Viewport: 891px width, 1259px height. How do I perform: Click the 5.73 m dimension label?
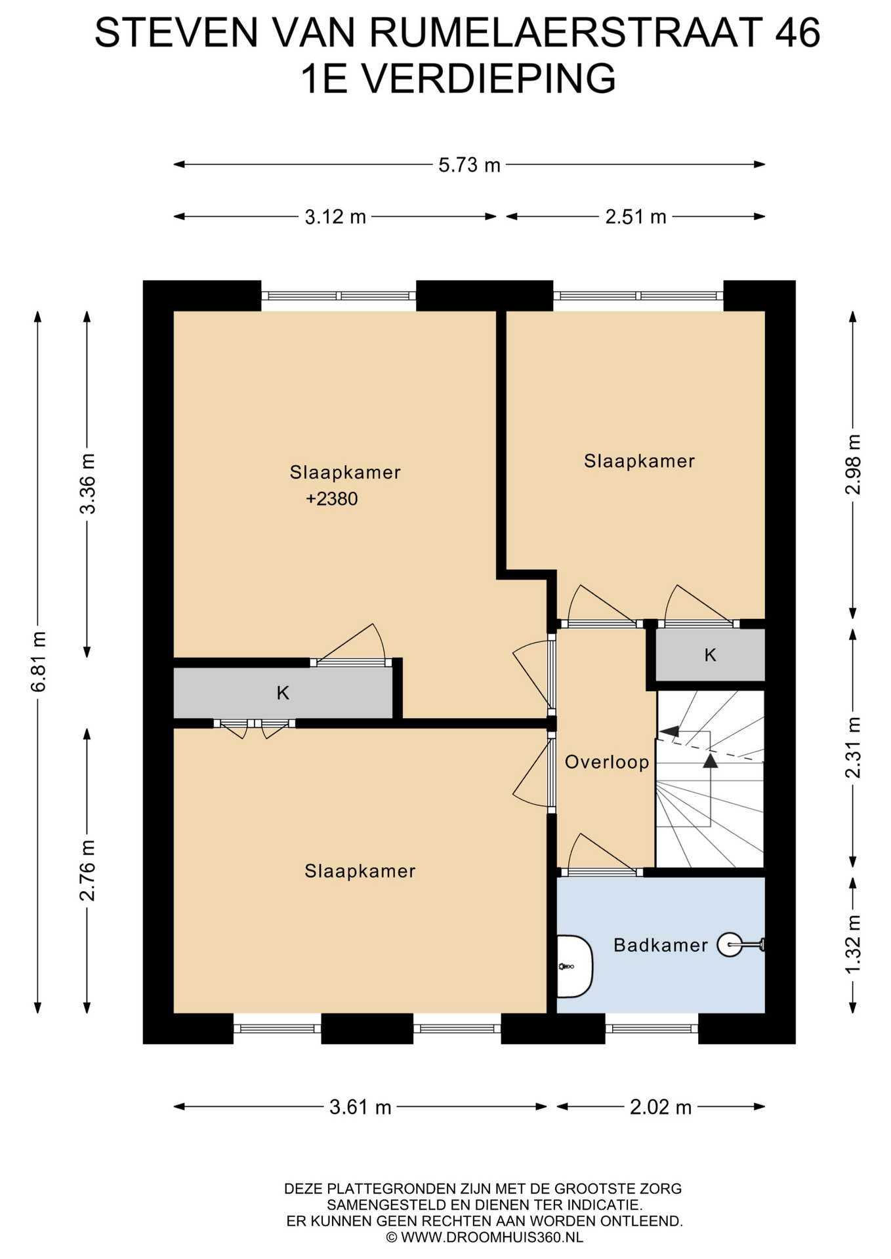pyautogui.click(x=469, y=165)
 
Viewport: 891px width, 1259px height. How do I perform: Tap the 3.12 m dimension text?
pyautogui.click(x=335, y=216)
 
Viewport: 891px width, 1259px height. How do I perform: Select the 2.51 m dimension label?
pyautogui.click(x=636, y=216)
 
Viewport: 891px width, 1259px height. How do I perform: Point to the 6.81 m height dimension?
pyautogui.click(x=38, y=662)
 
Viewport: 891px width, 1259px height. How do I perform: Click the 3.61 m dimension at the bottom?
pyautogui.click(x=360, y=1107)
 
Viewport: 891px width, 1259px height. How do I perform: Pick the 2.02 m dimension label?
pyautogui.click(x=661, y=1107)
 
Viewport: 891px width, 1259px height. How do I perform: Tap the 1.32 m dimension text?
pyautogui.click(x=853, y=944)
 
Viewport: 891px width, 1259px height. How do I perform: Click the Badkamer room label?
pyautogui.click(x=661, y=945)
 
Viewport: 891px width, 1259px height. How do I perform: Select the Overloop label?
pyautogui.click(x=607, y=762)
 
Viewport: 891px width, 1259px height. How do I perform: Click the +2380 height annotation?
pyautogui.click(x=332, y=499)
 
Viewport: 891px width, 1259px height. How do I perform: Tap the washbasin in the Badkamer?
pyautogui.click(x=575, y=967)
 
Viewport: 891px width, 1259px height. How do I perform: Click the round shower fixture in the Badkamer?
pyautogui.click(x=730, y=945)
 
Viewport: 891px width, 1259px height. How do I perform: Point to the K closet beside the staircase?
pyautogui.click(x=711, y=654)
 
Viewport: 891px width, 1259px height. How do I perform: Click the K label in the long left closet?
pyautogui.click(x=283, y=692)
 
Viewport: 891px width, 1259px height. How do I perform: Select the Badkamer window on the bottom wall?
pyautogui.click(x=652, y=1028)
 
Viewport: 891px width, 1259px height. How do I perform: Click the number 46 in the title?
pyautogui.click(x=797, y=32)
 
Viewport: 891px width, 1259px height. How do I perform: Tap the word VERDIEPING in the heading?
pyautogui.click(x=488, y=79)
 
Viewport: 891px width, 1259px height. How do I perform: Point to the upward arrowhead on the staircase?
pyautogui.click(x=711, y=760)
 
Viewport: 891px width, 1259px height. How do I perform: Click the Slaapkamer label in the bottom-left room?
pyautogui.click(x=360, y=871)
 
